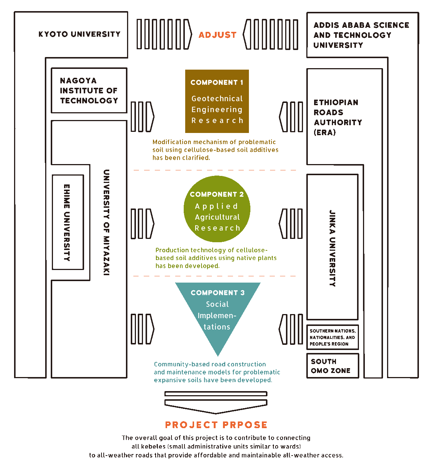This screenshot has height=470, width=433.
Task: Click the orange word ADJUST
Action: (217, 35)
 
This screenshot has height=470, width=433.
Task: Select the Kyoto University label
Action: (79, 34)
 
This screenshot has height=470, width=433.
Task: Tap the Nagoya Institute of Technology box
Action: (89, 90)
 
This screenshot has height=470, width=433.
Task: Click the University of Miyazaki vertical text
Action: (106, 222)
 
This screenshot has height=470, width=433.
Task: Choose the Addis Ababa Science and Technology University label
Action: (361, 35)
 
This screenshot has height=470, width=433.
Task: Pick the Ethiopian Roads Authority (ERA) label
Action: (337, 117)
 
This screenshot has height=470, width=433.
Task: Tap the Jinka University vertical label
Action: (333, 248)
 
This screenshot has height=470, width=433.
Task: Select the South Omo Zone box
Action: (332, 366)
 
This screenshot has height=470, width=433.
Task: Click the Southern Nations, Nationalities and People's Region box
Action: (332, 337)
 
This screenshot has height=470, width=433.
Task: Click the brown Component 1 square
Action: (217, 101)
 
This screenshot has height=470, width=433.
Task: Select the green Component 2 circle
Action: (217, 210)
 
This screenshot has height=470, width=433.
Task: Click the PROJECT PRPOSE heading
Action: (216, 425)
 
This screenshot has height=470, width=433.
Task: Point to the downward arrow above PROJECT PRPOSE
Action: (216, 403)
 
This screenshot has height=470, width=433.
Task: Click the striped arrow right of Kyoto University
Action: (164, 34)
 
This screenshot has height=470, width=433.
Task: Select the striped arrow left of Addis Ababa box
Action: (271, 34)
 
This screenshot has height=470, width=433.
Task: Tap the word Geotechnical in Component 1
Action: (217, 99)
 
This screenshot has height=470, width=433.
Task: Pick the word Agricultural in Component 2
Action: (217, 217)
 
